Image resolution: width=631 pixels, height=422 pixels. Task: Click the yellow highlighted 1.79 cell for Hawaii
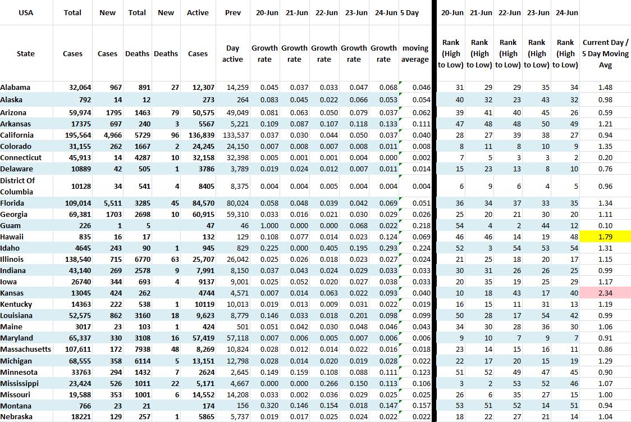605,237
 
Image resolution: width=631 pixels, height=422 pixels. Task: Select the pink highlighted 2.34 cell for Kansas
605,293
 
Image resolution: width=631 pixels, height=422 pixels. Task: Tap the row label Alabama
16,87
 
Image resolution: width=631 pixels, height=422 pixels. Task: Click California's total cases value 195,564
75,135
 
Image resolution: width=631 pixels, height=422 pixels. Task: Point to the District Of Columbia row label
17,186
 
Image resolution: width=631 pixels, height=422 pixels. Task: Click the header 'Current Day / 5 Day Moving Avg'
605,53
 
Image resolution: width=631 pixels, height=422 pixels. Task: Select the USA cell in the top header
26,12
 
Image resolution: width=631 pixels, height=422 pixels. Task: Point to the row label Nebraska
16,417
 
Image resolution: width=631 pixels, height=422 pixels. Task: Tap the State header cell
26,54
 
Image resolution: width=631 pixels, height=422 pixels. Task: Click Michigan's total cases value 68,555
75,361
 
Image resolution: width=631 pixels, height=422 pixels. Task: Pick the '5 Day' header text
410,12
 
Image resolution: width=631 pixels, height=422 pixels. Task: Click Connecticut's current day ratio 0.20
605,157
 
